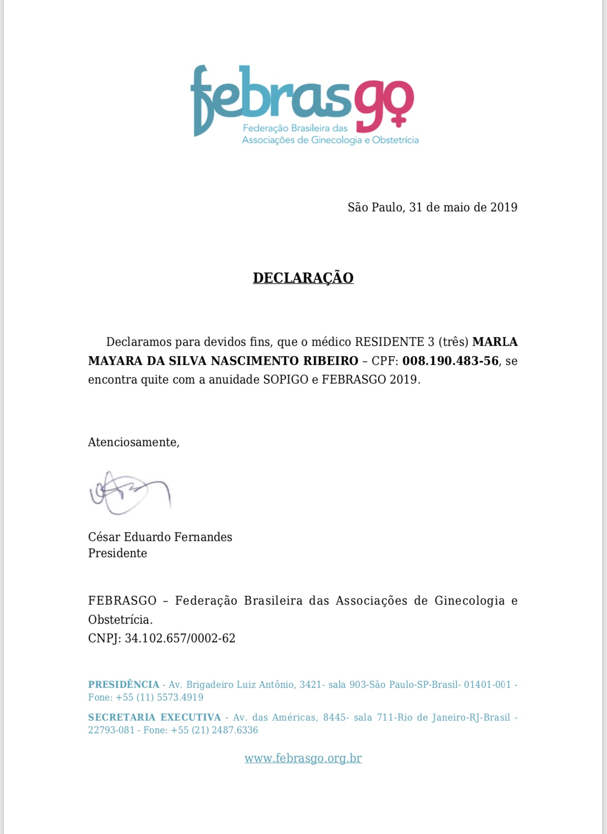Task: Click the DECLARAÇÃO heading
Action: click(303, 278)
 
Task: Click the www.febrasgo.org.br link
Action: click(303, 758)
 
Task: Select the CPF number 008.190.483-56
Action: click(450, 361)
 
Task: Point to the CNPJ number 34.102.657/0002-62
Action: click(180, 638)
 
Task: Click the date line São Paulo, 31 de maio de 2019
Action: click(432, 207)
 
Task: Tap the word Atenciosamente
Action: click(133, 442)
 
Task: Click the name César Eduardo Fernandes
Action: click(160, 537)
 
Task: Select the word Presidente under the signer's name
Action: click(117, 553)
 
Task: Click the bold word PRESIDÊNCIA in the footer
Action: click(124, 685)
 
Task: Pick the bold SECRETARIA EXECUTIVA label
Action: click(154, 718)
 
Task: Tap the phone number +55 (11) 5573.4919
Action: click(159, 698)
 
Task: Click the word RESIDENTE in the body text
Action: click(389, 342)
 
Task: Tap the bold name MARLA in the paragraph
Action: click(495, 342)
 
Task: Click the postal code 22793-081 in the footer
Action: click(111, 730)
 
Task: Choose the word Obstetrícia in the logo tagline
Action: click(395, 140)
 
